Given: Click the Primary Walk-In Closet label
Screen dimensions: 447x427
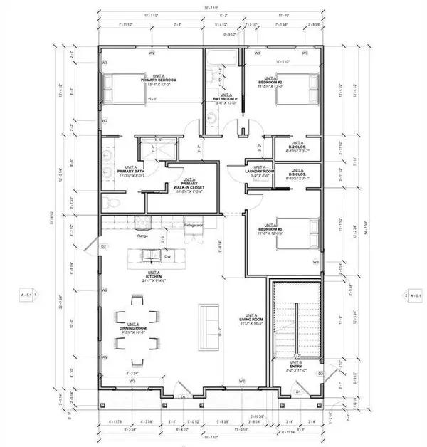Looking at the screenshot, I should pos(189,186).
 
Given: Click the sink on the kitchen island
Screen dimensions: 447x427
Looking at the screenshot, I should pos(151,253).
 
